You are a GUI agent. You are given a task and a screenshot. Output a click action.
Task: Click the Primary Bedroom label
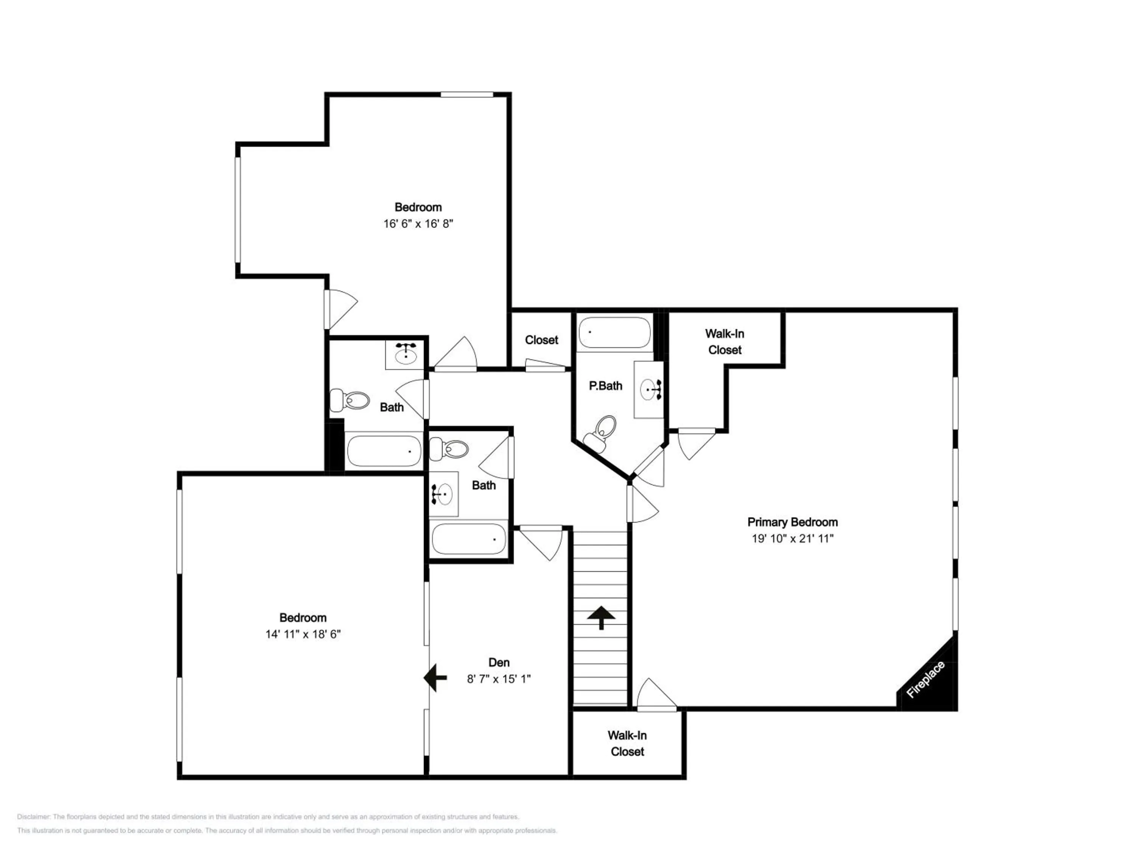(792, 522)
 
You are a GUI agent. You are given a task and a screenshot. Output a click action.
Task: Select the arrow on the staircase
(600, 618)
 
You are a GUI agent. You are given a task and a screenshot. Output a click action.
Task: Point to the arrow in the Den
(435, 678)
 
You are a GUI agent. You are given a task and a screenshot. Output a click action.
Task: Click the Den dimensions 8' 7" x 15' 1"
(498, 679)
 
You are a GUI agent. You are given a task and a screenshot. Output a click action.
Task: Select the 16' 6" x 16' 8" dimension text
(418, 224)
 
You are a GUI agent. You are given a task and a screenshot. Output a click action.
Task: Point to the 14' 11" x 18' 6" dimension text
(303, 634)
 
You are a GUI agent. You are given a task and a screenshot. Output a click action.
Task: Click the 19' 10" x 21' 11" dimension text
(792, 539)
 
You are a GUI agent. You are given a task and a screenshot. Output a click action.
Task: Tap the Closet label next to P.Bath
(541, 340)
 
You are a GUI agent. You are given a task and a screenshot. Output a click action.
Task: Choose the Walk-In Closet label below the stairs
(627, 743)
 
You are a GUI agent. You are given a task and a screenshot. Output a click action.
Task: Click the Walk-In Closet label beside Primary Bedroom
(725, 342)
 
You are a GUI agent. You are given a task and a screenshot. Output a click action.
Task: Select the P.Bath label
(605, 386)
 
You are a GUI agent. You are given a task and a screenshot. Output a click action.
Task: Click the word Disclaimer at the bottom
(33, 817)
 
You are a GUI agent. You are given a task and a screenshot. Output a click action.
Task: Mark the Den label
(499, 662)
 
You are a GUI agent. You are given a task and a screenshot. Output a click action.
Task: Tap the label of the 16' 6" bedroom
(418, 207)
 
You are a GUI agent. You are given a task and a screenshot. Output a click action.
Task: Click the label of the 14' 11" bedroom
(303, 618)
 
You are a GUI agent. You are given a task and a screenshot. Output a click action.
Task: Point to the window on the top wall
(467, 95)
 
